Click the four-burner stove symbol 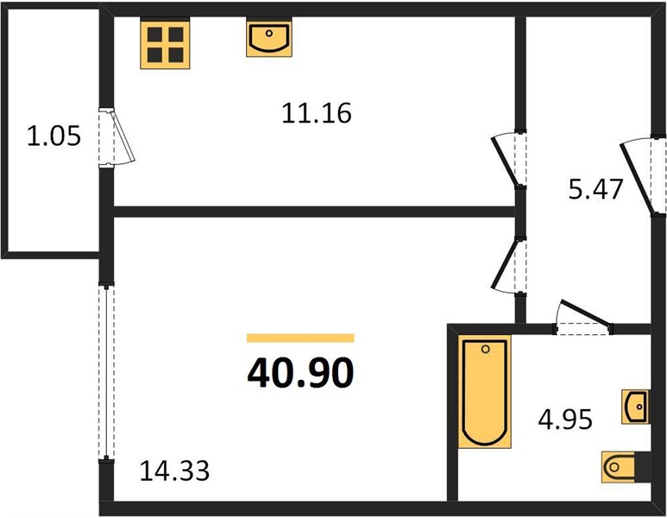[165, 43]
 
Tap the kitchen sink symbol [269, 37]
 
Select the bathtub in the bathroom [485, 392]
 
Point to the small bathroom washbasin [636, 407]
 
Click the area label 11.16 [317, 113]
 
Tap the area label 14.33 [174, 471]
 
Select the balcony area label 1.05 [53, 136]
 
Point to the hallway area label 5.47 [595, 189]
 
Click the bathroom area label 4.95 [565, 420]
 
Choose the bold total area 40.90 [300, 373]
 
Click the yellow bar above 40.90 [300, 338]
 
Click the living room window [106, 372]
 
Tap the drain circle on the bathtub [485, 350]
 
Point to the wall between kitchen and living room [315, 212]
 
